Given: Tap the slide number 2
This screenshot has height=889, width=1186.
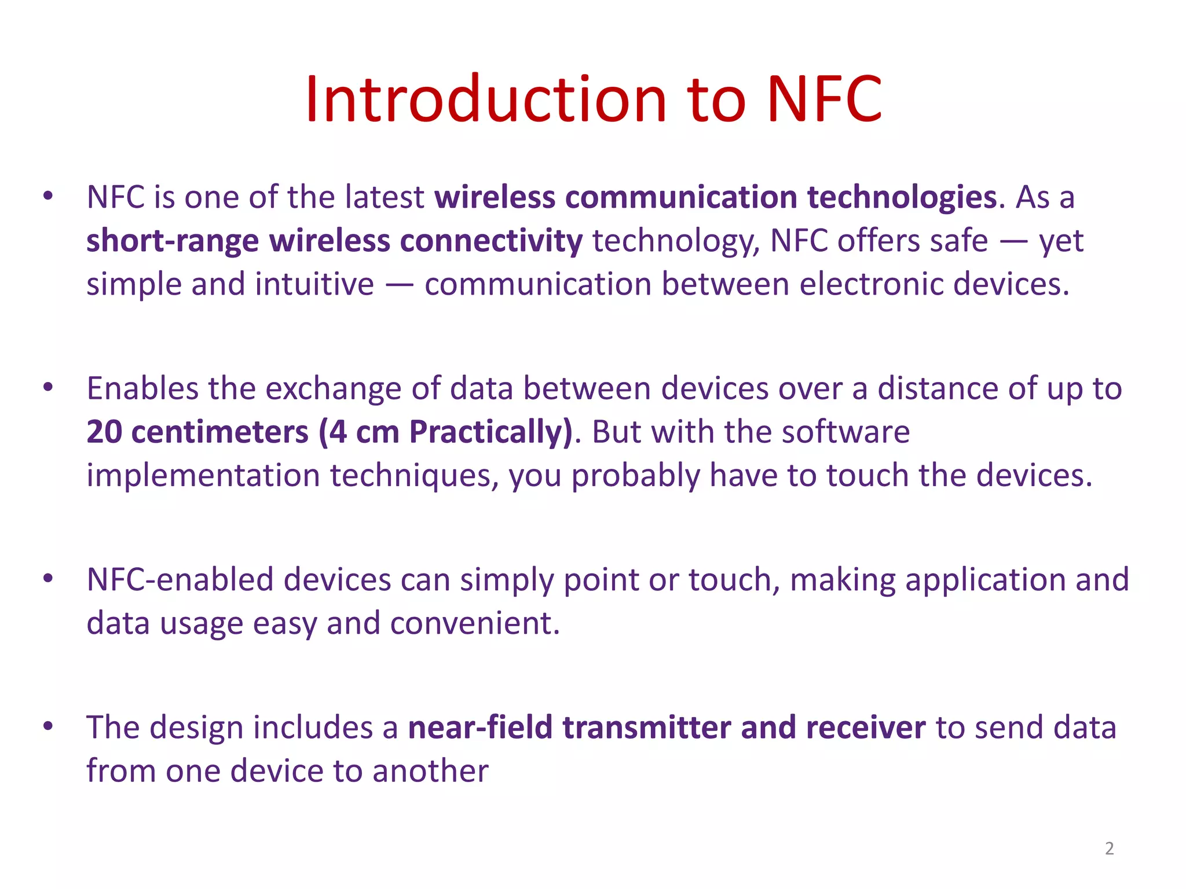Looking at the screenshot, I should (1109, 848).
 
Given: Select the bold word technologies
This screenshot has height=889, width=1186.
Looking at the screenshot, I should (902, 197).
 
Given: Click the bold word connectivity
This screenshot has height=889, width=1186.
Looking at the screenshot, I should (491, 241).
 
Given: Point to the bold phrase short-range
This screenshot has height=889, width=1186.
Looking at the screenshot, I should (172, 241).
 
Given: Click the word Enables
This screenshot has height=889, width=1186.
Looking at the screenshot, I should (142, 388).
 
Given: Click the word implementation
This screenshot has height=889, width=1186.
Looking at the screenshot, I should (203, 476).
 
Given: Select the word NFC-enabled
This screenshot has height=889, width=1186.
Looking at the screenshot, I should (180, 580).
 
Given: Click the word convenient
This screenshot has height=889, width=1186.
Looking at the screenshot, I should (475, 623).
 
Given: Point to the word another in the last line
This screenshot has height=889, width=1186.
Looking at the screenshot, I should (430, 771).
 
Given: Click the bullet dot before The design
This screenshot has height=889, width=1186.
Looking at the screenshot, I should (48, 726).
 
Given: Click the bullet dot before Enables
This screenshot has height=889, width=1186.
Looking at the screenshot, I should (48, 387).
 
